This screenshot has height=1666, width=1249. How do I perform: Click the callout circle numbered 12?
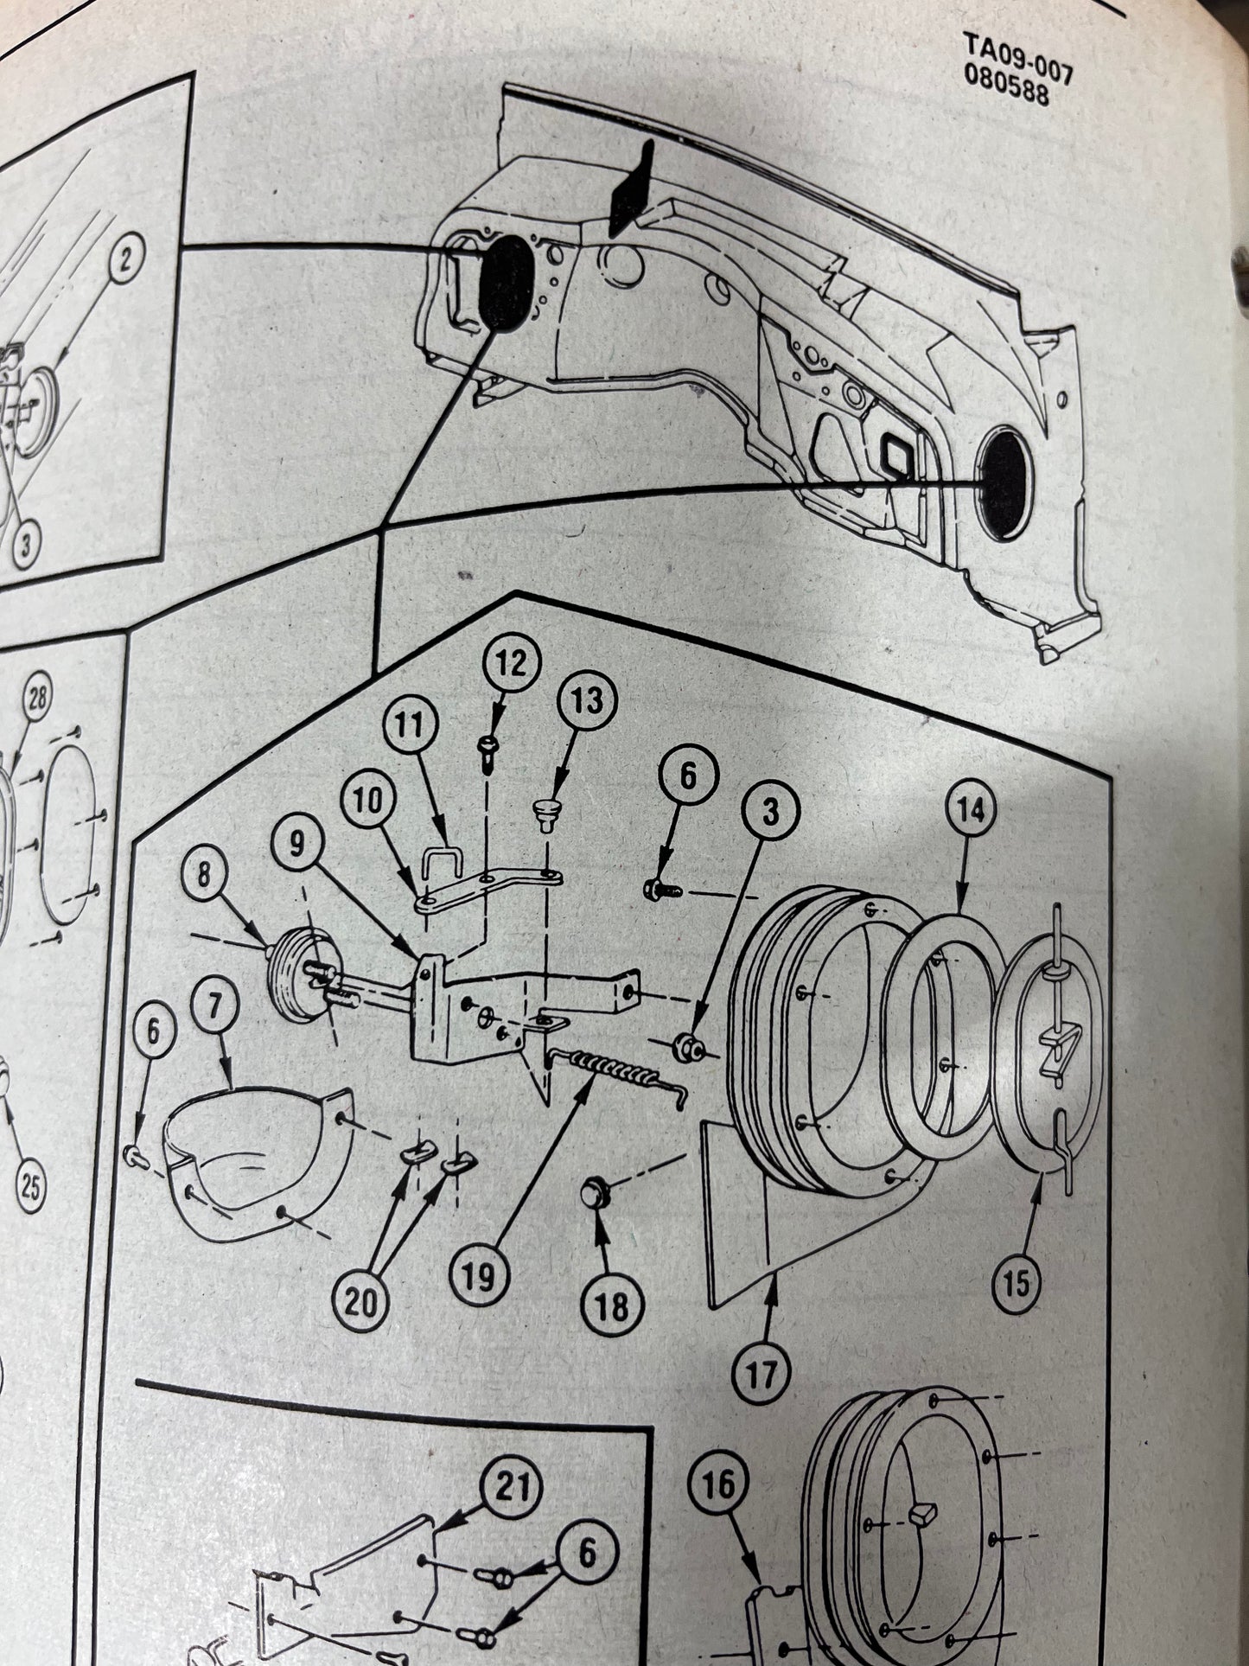tap(511, 665)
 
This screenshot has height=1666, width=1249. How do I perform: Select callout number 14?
tap(970, 812)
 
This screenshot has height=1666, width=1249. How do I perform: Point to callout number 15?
tap(1017, 1284)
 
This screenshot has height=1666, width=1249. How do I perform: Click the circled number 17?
tap(761, 1374)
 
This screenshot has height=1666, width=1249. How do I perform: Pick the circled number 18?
tap(612, 1306)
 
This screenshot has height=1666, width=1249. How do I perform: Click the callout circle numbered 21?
tap(513, 1490)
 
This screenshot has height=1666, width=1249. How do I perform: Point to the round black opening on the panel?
tap(1004, 484)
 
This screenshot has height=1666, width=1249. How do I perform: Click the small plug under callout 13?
tap(545, 812)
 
